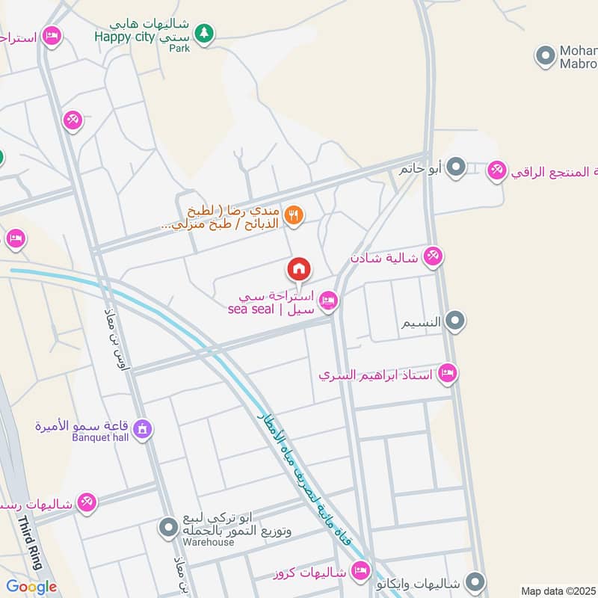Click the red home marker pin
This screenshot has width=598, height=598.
(299, 268)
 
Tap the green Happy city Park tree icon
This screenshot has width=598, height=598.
(203, 34)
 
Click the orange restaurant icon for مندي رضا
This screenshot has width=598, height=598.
(294, 215)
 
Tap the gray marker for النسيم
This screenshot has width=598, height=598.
(454, 321)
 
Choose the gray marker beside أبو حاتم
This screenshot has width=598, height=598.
(457, 167)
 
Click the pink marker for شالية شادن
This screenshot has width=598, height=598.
(431, 257)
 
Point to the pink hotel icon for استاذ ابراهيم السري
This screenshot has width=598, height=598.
(448, 373)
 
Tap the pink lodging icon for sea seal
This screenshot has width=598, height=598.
(327, 301)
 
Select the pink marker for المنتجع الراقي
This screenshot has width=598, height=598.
(496, 171)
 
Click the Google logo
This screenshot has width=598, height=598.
(31, 587)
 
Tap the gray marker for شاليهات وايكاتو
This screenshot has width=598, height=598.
(474, 581)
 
